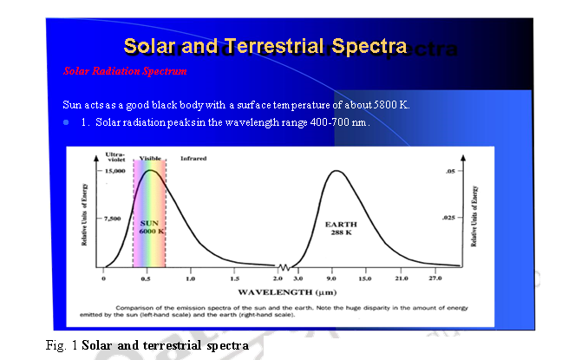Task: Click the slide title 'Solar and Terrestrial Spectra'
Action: tap(265, 45)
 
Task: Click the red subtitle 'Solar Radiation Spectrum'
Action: tap(125, 69)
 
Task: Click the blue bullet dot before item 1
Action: tap(66, 122)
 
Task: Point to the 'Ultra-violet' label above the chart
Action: tap(115, 157)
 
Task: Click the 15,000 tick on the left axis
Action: tap(113, 172)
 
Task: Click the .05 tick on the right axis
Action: tap(449, 172)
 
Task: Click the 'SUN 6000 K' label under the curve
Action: tap(152, 227)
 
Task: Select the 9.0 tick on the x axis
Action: tap(331, 279)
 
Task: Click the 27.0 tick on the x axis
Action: tap(434, 279)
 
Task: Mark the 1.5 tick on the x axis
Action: tap(234, 279)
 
